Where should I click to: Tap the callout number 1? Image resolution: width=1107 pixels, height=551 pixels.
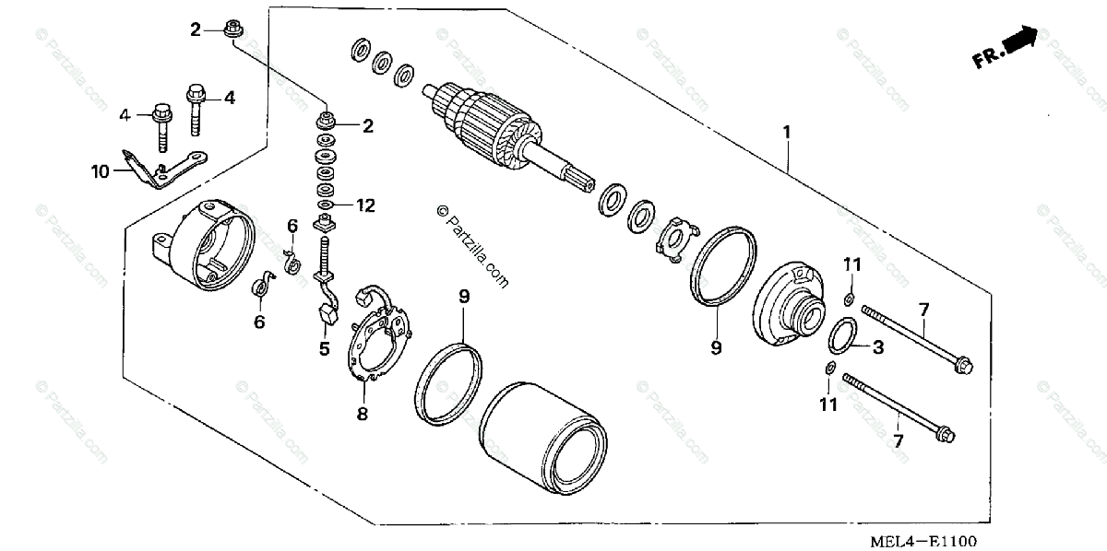click(787, 132)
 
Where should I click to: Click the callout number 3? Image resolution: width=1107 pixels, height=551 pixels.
click(877, 347)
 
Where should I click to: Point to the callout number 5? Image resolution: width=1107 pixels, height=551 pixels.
click(324, 348)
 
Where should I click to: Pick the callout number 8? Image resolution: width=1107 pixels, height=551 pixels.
click(362, 415)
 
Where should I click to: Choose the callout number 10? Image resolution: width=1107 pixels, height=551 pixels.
click(100, 170)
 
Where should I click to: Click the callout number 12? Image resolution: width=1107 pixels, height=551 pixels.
click(366, 205)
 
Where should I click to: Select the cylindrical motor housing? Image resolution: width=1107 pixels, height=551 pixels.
click(544, 433)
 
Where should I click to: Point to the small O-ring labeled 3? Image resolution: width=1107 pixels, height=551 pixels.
click(840, 336)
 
